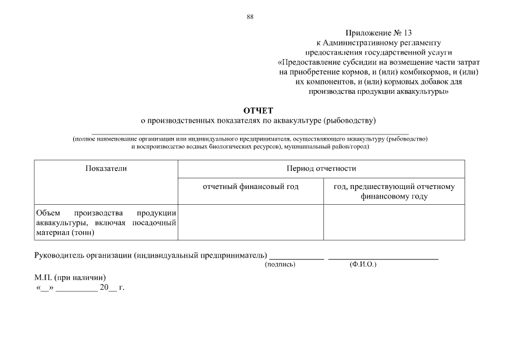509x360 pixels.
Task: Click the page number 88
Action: point(250,16)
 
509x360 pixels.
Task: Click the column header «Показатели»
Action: point(106,168)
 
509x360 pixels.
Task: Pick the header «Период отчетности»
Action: point(321,168)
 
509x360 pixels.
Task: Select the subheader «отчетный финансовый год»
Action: point(251,186)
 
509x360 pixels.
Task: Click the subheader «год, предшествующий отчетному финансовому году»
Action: point(394,191)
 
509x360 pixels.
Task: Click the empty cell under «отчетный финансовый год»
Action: point(251,222)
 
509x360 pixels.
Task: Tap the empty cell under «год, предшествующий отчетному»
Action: point(394,222)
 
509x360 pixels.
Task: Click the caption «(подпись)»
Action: point(280,264)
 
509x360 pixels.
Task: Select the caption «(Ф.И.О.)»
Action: point(363,264)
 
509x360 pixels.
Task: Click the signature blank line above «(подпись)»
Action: point(297,258)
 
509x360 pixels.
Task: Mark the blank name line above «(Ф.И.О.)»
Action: point(383,258)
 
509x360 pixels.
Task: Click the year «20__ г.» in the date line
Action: point(112,287)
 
